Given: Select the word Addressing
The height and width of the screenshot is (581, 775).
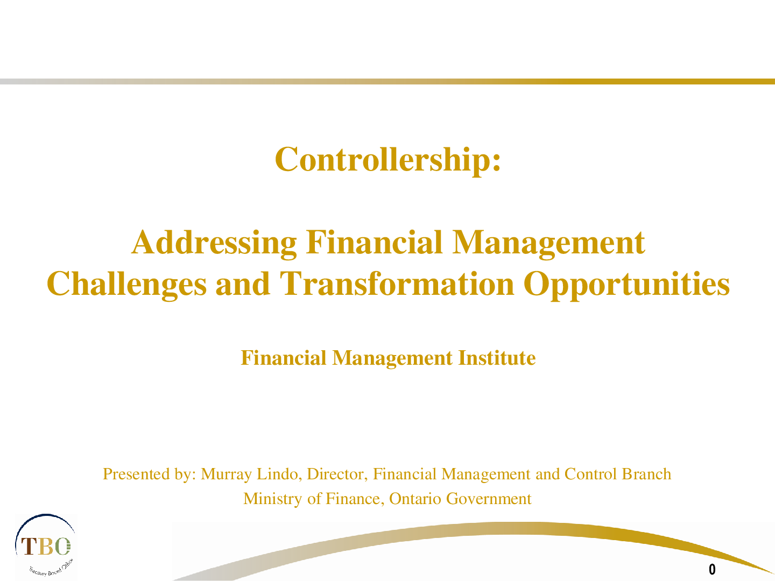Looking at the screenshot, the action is point(214,243).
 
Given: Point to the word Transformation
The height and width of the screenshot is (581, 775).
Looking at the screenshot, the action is point(397,284).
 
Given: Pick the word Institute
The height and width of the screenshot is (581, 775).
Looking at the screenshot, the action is point(497,358).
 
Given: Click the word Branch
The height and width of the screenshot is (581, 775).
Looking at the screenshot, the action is point(646,474).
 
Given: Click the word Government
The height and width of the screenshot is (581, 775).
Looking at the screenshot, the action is point(489,499).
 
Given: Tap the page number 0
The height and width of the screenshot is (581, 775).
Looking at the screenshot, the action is point(712,569).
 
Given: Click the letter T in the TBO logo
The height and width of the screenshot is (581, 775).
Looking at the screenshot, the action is point(29,546).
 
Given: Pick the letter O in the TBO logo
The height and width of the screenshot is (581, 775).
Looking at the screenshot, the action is point(62,546).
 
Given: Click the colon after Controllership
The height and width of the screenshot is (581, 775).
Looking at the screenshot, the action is point(496,164).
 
